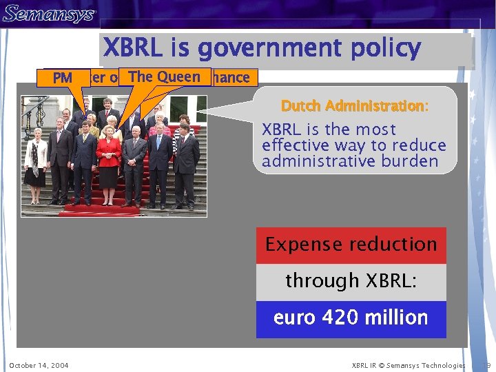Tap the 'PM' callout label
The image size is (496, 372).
click(x=62, y=79)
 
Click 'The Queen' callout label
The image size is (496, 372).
click(x=164, y=76)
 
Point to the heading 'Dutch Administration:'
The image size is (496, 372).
click(x=354, y=106)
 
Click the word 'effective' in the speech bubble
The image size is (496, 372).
click(x=297, y=145)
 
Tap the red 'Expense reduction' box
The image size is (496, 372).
click(x=351, y=245)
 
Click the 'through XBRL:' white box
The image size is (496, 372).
click(x=351, y=281)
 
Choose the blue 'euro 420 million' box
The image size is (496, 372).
click(x=351, y=318)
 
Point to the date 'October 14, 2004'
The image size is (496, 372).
click(x=39, y=365)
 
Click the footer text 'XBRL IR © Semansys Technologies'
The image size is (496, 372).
click(x=409, y=365)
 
